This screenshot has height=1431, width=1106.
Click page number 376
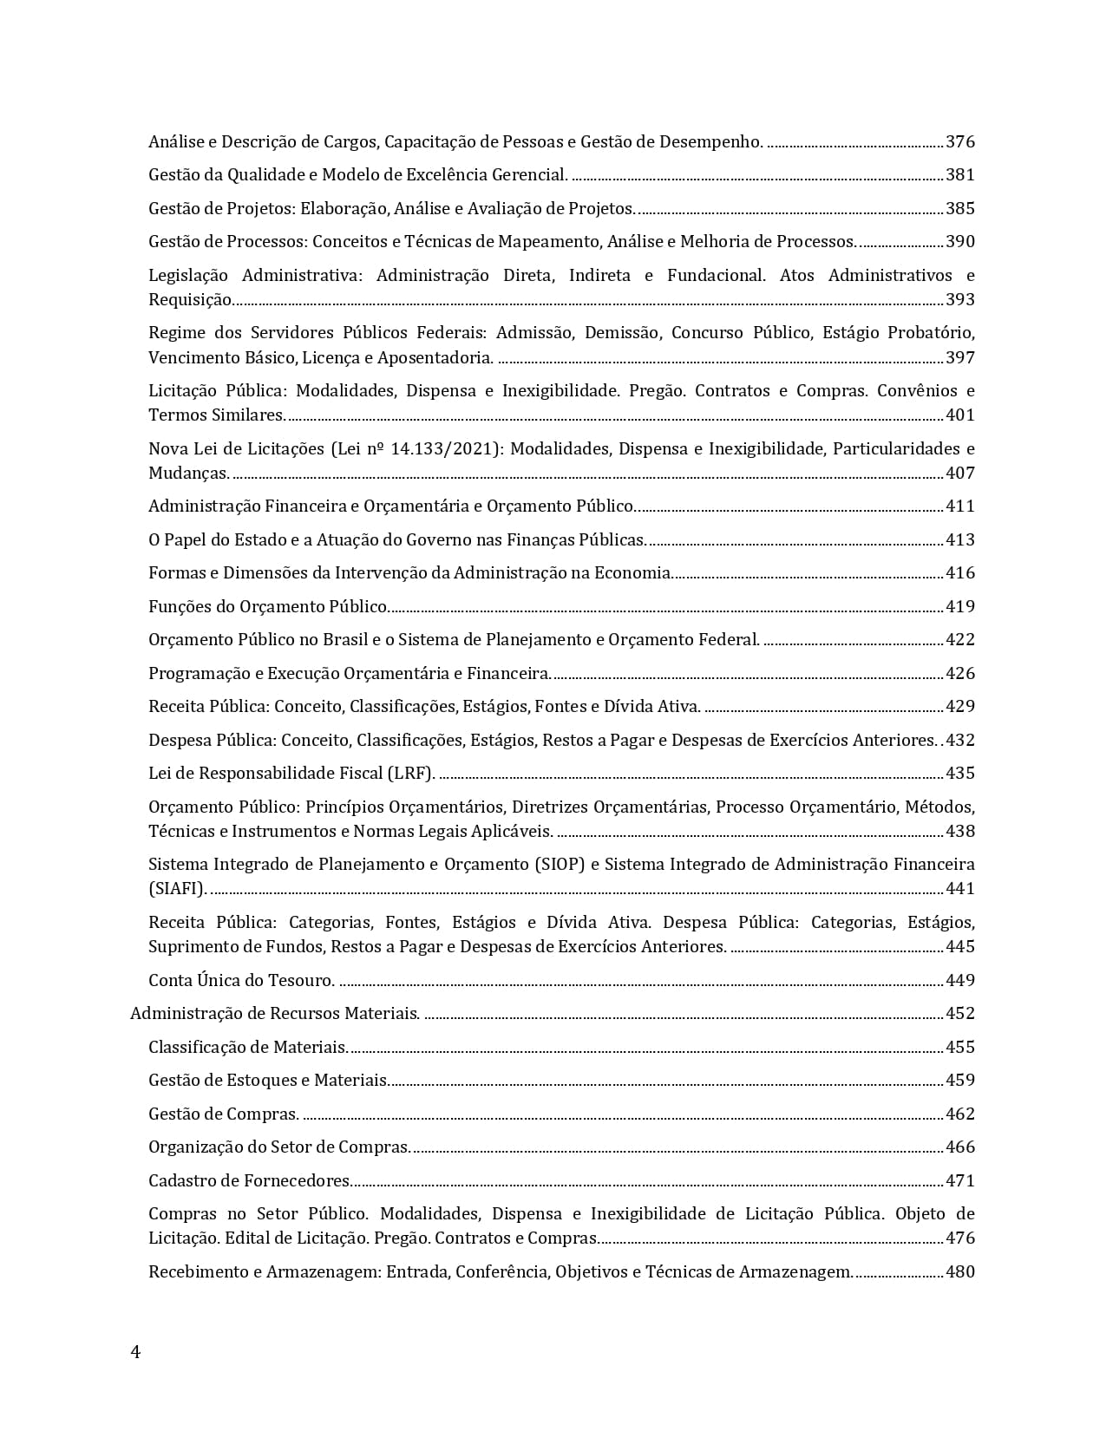pyautogui.click(x=959, y=141)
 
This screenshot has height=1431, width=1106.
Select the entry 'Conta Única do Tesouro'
pyautogui.click(x=241, y=980)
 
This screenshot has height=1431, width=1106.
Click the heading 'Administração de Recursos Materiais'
pyautogui.click(x=275, y=1013)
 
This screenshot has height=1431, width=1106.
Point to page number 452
pyautogui.click(x=959, y=1013)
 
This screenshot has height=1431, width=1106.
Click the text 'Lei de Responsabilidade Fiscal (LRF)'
pyautogui.click(x=291, y=773)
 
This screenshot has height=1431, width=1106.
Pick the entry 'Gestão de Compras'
pyautogui.click(x=224, y=1114)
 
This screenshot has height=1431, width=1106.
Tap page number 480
pyautogui.click(x=959, y=1271)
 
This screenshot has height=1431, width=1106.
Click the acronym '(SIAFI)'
pyautogui.click(x=178, y=888)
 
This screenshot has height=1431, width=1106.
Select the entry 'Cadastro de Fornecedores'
pyautogui.click(x=250, y=1180)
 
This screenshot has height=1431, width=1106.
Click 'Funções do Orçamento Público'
pyautogui.click(x=268, y=606)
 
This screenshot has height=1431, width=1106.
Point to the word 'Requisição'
pyautogui.click(x=190, y=299)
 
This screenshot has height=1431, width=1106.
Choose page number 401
pyautogui.click(x=959, y=415)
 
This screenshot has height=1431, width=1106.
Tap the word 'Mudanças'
pyautogui.click(x=188, y=473)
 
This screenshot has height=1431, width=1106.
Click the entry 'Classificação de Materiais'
pyautogui.click(x=248, y=1047)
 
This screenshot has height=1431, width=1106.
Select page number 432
pyautogui.click(x=959, y=740)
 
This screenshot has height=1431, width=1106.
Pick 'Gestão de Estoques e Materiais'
pyautogui.click(x=268, y=1080)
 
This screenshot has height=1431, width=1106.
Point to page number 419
pyautogui.click(x=959, y=606)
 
